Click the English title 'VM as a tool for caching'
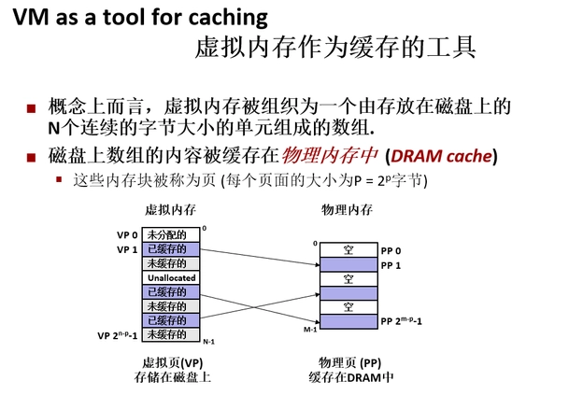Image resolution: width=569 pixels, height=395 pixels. pos(140,17)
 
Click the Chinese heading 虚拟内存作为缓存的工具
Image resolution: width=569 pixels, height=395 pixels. pos(335,47)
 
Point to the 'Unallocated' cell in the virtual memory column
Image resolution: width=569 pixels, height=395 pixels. pos(170,278)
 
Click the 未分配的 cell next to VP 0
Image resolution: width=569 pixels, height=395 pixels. pos(170,235)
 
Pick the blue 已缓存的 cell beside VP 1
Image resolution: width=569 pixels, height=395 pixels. pos(170,249)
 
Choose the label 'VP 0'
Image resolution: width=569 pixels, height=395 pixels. pos(127,235)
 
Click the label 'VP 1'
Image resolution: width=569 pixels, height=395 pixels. pos(127,250)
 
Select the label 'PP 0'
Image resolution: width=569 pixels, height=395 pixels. pos(391,251)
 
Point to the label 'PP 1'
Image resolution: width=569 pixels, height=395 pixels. pos(391,265)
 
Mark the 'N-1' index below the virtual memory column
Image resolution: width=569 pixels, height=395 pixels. pos(208,343)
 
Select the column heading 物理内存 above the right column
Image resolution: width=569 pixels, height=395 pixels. pos(347,210)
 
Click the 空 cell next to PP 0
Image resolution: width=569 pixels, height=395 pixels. pos(348,250)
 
